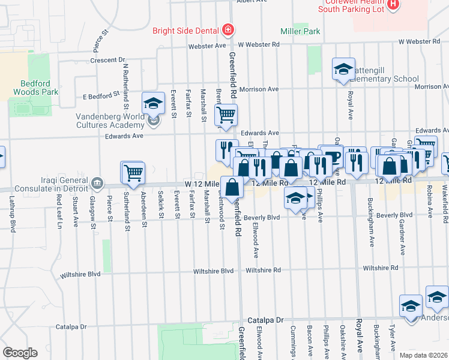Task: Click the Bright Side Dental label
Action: tap(185, 31)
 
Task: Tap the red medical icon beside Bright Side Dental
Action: tap(228, 30)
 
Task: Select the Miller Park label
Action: tap(300, 31)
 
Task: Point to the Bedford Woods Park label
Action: tap(36, 88)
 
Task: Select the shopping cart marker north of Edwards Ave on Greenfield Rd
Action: tap(226, 115)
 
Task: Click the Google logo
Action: tap(20, 353)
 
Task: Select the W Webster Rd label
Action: tap(259, 44)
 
